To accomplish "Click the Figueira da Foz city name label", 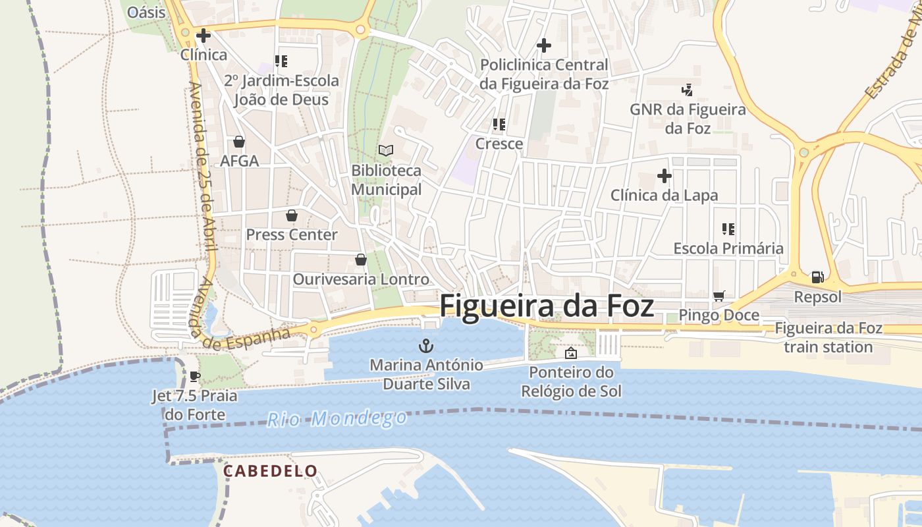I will coord(547,306).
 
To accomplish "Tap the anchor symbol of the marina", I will coord(426,345).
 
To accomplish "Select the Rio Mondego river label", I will coord(337,418).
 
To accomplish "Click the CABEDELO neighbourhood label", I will coord(270,471).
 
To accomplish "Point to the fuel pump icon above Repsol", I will coord(817,277).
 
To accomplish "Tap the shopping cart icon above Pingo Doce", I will coord(719,296).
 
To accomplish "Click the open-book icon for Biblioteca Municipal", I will coord(386,151).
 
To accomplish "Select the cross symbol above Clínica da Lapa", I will coord(664,176).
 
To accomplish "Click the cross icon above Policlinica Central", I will coord(543,45).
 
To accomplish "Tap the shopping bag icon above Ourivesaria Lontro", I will coord(360,260).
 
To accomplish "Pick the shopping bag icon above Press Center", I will coord(291,215).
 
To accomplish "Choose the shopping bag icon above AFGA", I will coord(239,142).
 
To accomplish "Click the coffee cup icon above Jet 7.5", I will coord(194,376).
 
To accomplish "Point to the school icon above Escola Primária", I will coord(728,229).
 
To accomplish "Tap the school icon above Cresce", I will coord(499,124).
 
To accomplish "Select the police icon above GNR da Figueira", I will coord(688,90).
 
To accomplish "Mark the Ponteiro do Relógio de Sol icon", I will coord(571,354).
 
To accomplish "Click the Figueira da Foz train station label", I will coord(828,337).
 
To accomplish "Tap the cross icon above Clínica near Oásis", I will coord(203,35).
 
